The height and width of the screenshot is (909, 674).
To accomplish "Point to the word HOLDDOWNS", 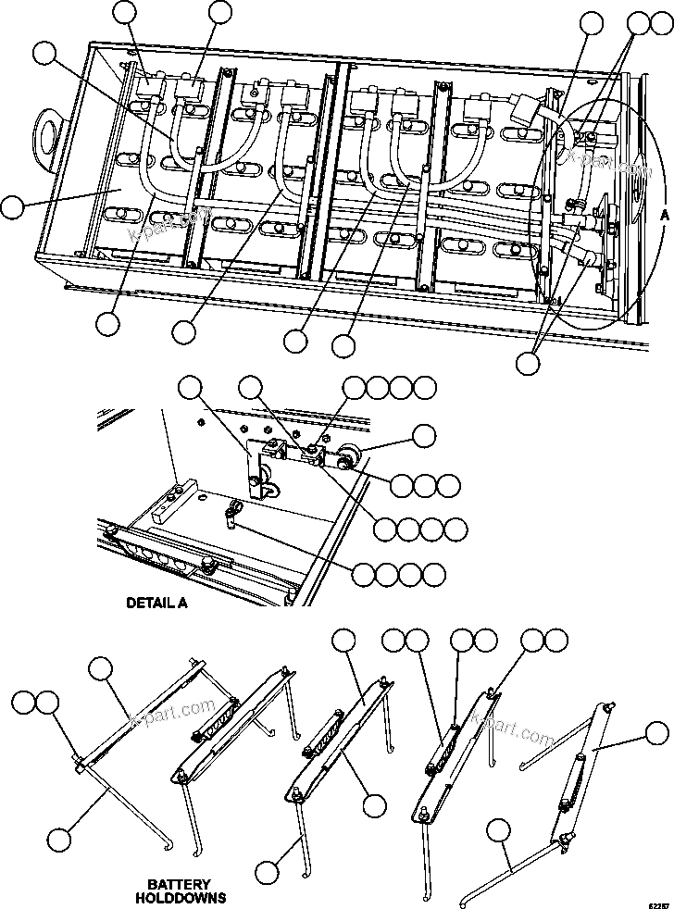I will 181,898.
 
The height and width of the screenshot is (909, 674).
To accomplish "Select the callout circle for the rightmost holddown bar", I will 657,736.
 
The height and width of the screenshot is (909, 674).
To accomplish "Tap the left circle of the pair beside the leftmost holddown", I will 24,704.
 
